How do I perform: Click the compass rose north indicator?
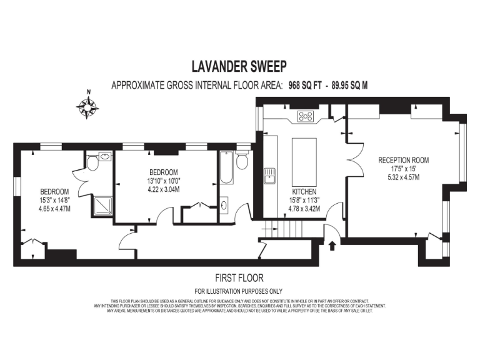coord(88,107)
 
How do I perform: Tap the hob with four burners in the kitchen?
coord(306,116)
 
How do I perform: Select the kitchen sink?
coord(270,174)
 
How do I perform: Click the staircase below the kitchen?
coord(276,231)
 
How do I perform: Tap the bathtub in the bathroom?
coord(226,167)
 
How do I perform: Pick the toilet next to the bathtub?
coord(242,161)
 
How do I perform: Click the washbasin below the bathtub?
coord(224,204)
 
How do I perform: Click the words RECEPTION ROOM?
coord(403,160)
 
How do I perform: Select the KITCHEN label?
coord(304,191)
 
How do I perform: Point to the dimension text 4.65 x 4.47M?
coord(55,209)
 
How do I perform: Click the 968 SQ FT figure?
coord(305,86)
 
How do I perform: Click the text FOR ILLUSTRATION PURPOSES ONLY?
coord(238,291)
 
